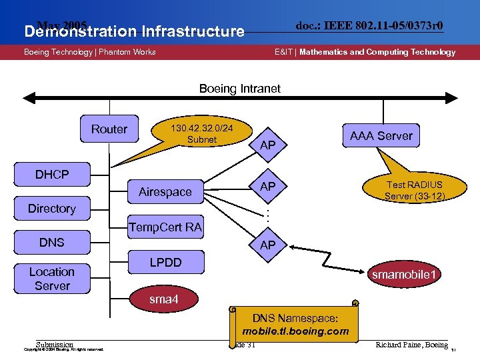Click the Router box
109,129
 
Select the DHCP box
52,175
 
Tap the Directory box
52,209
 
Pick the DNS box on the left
52,242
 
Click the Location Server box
52,279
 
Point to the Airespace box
165,192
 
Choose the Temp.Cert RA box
165,227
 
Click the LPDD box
165,262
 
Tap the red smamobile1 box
405,275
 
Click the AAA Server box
381,136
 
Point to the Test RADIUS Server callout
415,189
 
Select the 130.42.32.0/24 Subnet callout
201,133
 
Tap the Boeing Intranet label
240,89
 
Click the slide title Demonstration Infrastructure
134,31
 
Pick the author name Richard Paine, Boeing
411,345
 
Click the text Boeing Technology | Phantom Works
90,52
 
